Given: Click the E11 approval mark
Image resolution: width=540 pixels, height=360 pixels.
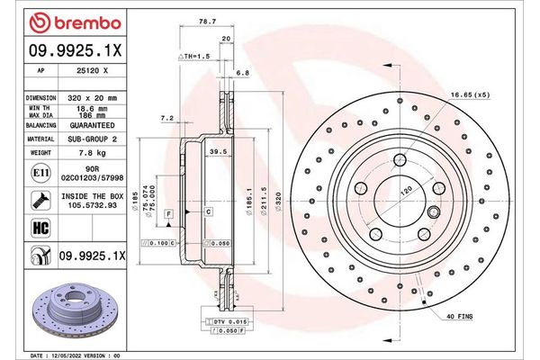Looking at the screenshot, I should point(40,172).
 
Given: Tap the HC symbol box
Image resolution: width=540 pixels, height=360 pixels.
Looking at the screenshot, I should point(40,228).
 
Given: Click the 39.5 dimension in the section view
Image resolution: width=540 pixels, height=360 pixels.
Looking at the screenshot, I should point(216,153).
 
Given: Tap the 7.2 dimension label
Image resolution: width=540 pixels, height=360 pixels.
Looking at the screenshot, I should point(166,118).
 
